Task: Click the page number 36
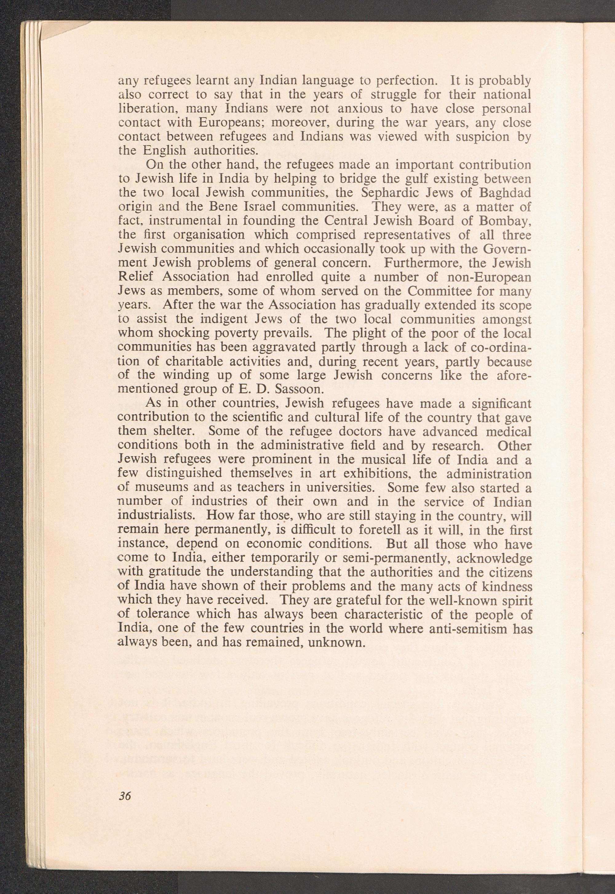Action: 125,794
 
